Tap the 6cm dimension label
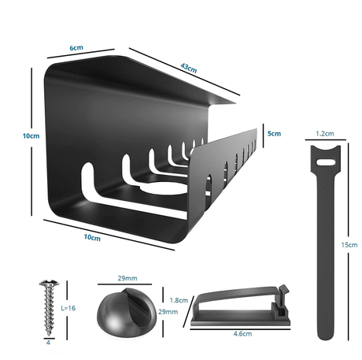click(76, 48)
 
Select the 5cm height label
click(273, 133)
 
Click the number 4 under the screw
click(48, 343)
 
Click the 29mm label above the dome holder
click(127, 278)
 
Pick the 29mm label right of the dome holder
click(168, 313)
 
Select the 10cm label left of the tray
click(31, 135)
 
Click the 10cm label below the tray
click(92, 237)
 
